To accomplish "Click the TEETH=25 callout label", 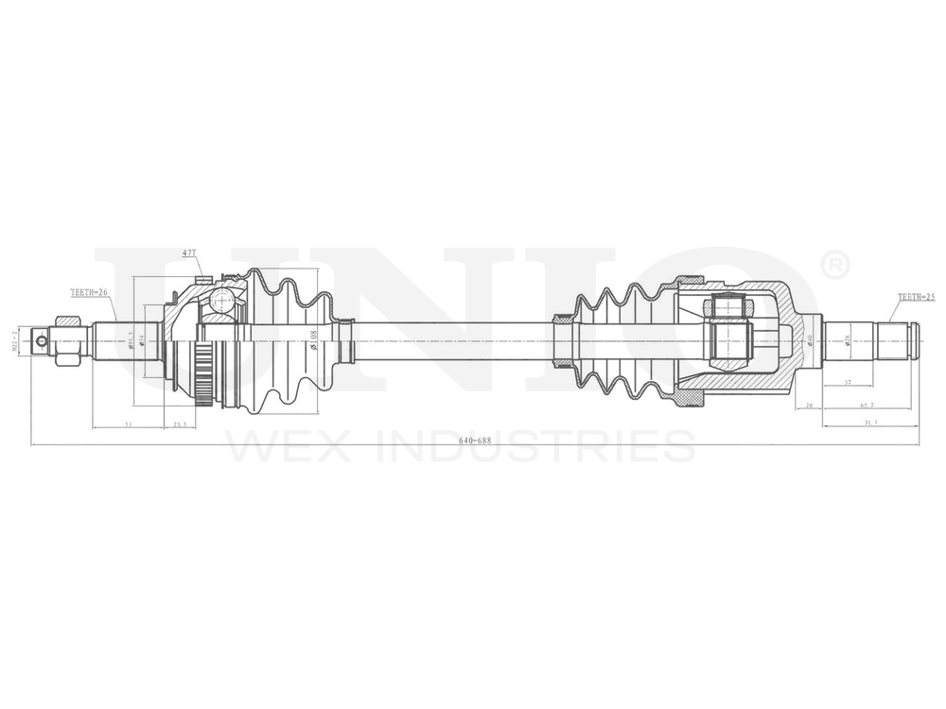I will click(x=917, y=297).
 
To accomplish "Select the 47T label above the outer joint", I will click(x=189, y=253).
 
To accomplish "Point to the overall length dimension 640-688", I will click(x=475, y=441).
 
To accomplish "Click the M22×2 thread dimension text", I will click(x=15, y=340).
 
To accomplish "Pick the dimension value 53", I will click(x=128, y=425).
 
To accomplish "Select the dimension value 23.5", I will click(x=178, y=425).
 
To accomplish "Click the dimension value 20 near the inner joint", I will click(x=809, y=406).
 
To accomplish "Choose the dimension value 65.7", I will click(x=867, y=406).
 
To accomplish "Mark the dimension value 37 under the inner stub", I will click(x=848, y=383).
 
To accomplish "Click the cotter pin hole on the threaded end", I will click(x=41, y=341).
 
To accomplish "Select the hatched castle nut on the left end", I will click(x=66, y=341).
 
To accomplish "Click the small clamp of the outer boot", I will click(x=346, y=341).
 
